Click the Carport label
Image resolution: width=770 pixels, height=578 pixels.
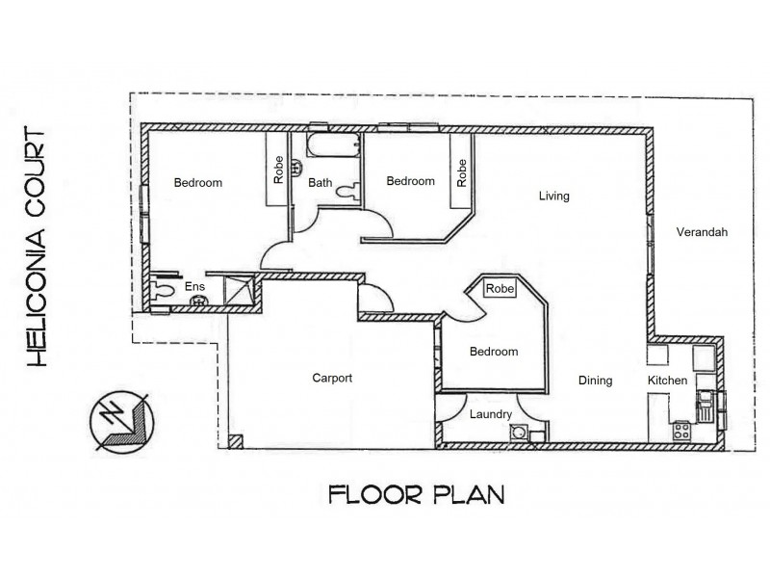[332, 379]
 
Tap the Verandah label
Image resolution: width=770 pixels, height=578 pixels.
[702, 232]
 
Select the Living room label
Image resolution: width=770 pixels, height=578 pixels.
[553, 197]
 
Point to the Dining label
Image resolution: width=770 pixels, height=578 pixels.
[595, 381]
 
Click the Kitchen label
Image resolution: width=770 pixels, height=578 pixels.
[667, 381]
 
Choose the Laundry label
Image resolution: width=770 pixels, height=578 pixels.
[490, 415]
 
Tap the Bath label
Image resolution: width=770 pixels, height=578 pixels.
[321, 182]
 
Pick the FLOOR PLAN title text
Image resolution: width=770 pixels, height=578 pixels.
[416, 495]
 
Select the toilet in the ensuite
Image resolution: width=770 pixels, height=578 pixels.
[165, 288]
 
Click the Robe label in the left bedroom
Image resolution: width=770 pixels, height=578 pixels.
[278, 171]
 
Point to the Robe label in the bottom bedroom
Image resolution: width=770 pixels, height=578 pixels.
[499, 288]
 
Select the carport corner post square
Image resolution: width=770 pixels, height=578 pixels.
[235, 441]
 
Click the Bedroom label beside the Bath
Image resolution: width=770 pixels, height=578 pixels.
[410, 181]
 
